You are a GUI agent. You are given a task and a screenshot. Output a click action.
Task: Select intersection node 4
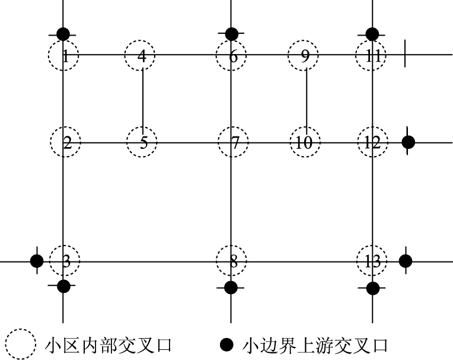pos(141,56)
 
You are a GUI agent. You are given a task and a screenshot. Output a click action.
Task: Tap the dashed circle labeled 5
pos(142,143)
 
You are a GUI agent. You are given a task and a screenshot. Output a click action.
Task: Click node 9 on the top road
pos(304,56)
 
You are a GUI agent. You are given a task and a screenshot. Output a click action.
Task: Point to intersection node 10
pos(305,143)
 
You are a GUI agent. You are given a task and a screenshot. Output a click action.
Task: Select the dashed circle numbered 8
pos(231,261)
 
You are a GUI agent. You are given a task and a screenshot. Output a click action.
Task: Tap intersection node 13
pos(372,261)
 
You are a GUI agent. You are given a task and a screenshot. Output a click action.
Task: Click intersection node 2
pos(65,143)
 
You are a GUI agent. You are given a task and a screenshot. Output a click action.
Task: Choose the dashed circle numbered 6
pos(231,56)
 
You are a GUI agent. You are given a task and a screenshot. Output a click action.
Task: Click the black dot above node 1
pos(63,34)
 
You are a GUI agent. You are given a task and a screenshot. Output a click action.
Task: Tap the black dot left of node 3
pos(37,260)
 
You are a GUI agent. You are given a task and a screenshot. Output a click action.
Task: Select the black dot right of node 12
pos(408,142)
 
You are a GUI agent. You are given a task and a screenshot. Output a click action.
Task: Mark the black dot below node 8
pos(231,288)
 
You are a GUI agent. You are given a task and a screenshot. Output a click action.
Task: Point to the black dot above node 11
pos(372,34)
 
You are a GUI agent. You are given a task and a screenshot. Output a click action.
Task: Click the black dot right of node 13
pos(406,260)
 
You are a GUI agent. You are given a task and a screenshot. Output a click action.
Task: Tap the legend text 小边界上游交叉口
pos(315,345)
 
